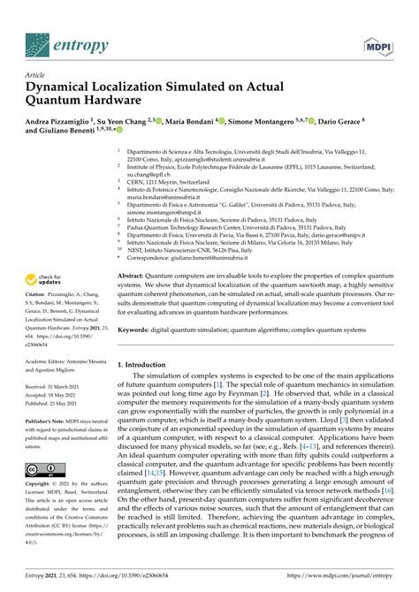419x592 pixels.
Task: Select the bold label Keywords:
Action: pyautogui.click(x=140, y=307)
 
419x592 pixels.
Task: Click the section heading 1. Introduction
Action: pyautogui.click(x=150, y=339)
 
